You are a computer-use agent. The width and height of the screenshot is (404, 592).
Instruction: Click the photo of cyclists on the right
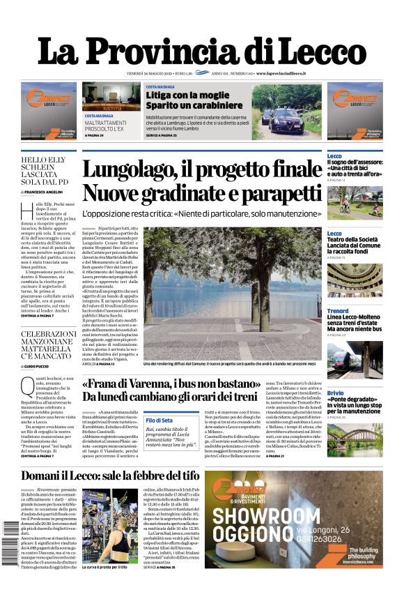354,202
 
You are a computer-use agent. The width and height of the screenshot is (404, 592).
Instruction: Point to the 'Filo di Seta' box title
160,420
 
